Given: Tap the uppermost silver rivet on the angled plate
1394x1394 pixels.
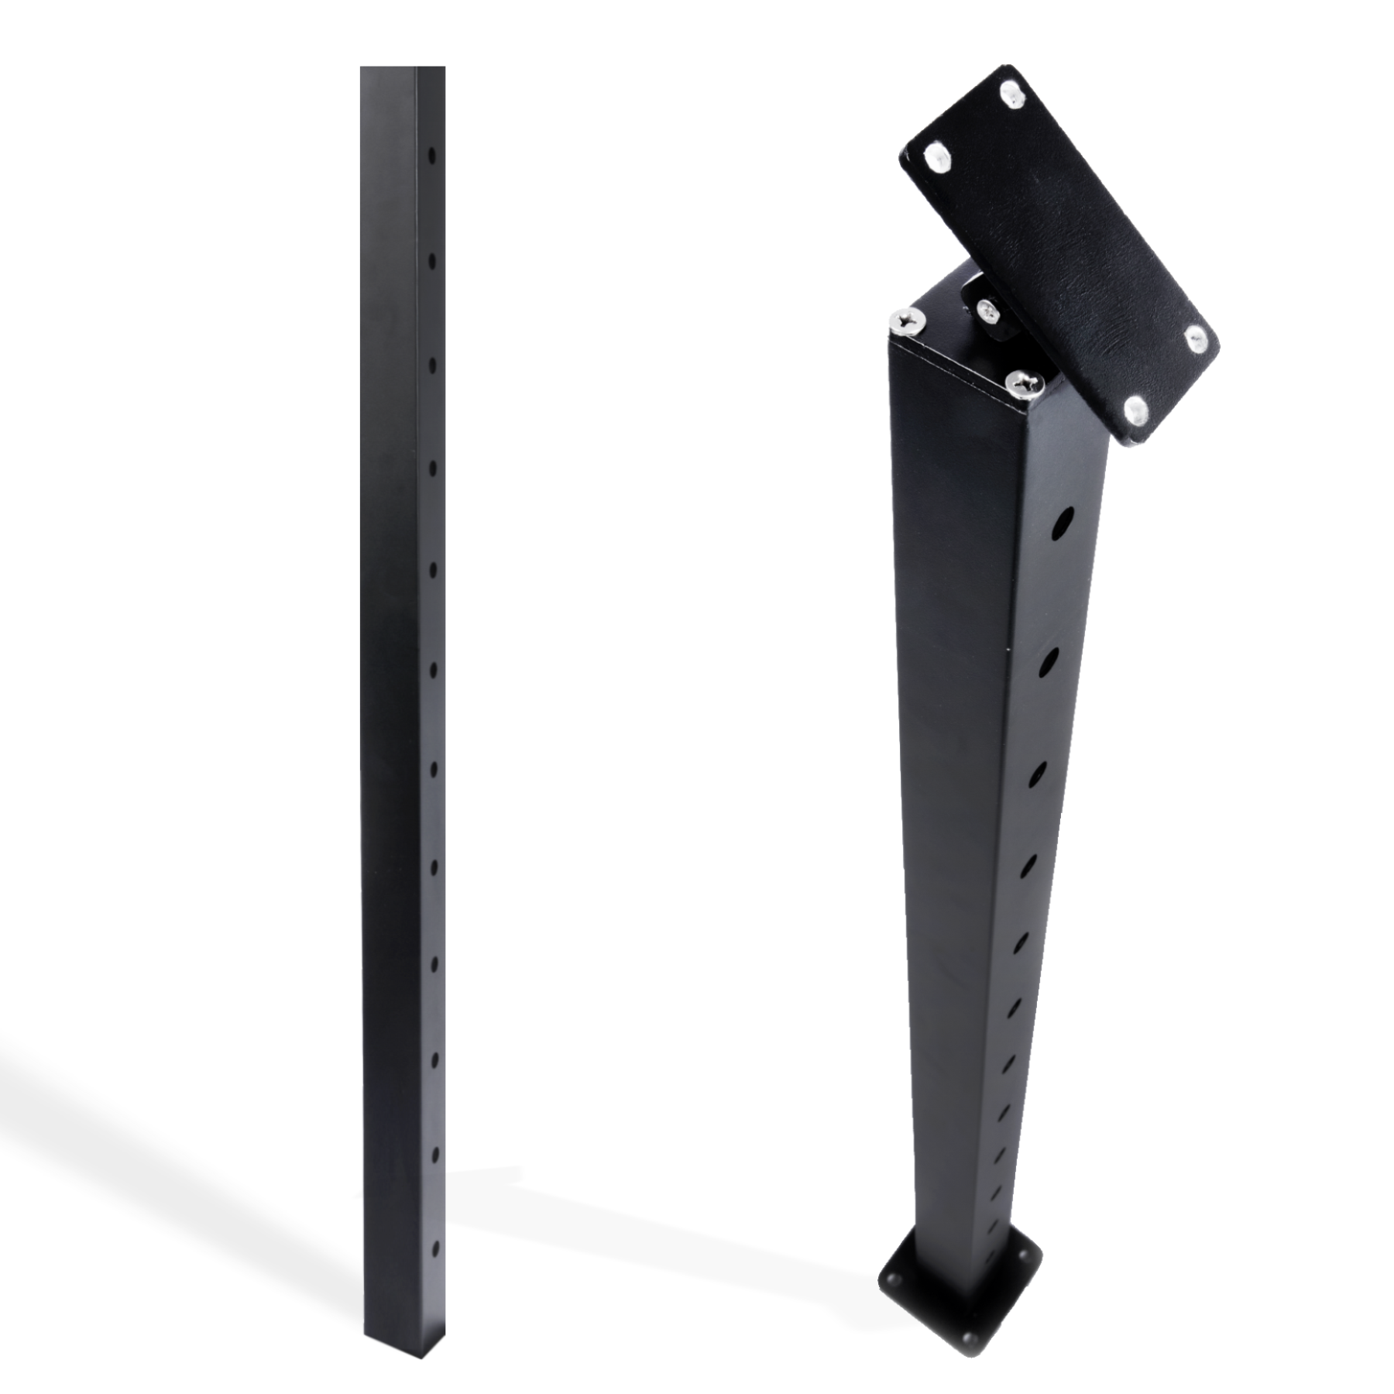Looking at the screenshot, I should [1009, 94].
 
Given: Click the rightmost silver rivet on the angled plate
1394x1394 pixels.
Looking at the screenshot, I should [1195, 336].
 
